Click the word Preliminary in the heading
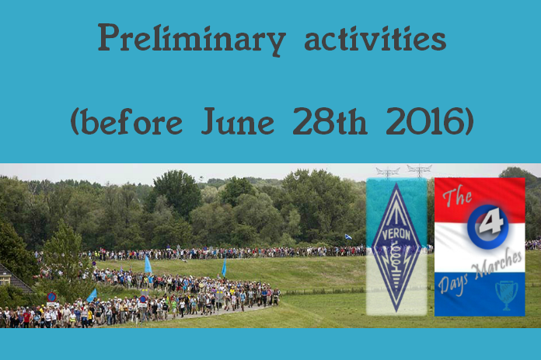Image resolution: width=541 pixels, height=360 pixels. coord(191,40)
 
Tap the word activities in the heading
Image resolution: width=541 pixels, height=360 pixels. coord(375,38)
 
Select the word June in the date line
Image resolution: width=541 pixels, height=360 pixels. coord(237,121)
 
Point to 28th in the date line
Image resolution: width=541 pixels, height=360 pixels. coord(330,121)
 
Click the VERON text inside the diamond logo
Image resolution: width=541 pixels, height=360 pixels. coord(396,235)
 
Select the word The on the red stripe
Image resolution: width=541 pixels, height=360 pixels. coord(458,197)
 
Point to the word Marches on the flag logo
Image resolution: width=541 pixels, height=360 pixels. coord(497,264)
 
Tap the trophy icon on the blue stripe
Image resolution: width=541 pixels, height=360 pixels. coord(507,295)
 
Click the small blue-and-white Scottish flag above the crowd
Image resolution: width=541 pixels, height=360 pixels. coord(348,237)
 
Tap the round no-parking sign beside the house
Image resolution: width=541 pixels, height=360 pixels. coord(52,297)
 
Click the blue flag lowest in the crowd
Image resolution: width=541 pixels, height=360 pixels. coord(92,295)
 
